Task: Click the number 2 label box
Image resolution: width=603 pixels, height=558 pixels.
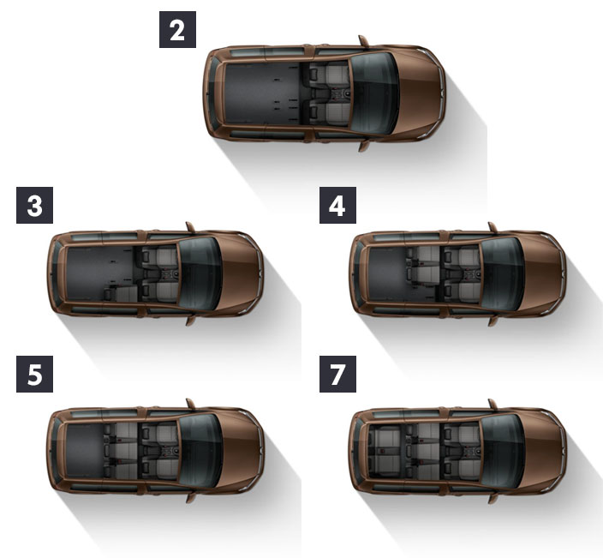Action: (177, 30)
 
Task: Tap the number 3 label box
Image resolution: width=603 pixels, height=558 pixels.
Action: (34, 205)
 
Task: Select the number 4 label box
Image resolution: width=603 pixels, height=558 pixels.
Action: (337, 205)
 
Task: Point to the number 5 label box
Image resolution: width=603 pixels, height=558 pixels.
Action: (34, 374)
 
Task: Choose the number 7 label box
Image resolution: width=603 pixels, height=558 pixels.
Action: (337, 374)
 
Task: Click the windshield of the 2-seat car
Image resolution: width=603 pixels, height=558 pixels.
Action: (373, 93)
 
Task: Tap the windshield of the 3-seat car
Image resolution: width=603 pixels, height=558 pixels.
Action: (200, 273)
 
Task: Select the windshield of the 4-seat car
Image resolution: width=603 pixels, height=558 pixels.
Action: (502, 273)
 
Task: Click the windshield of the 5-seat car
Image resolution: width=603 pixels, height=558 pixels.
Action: (200, 451)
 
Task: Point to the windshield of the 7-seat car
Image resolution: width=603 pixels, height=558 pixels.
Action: (502, 451)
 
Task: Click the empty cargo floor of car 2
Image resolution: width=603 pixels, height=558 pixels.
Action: (261, 93)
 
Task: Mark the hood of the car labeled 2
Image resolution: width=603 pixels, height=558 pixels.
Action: (420, 93)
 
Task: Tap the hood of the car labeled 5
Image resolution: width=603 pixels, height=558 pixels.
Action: (242, 451)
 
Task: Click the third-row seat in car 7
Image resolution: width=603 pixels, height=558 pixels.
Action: (385, 451)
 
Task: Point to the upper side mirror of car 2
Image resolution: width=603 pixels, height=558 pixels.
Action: (363, 41)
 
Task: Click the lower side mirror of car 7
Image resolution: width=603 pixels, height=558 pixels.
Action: (493, 498)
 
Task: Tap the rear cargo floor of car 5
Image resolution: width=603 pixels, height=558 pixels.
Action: (85, 451)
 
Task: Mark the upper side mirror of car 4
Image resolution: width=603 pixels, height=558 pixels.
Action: (493, 227)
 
